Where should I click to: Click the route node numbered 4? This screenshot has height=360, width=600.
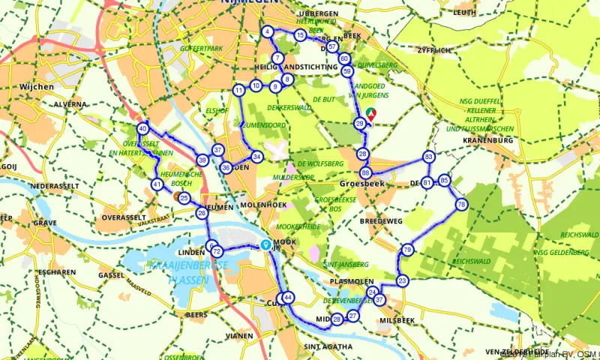pos(268,31)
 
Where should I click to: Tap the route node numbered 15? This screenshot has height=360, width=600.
pos(300,35)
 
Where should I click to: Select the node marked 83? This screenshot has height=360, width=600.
pos(428,157)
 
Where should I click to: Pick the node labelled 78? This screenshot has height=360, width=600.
pos(461,204)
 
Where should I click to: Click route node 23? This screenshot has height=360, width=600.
pos(403,281)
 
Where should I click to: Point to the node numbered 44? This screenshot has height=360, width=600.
pos(287,298)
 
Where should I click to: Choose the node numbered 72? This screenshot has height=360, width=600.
pos(217,251)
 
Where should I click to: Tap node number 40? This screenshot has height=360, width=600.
pos(142,129)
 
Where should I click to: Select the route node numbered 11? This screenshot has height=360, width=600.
pos(238,91)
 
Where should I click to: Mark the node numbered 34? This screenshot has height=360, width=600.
pos(256,157)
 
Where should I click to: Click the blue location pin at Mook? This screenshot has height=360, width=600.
pos(265,244)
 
